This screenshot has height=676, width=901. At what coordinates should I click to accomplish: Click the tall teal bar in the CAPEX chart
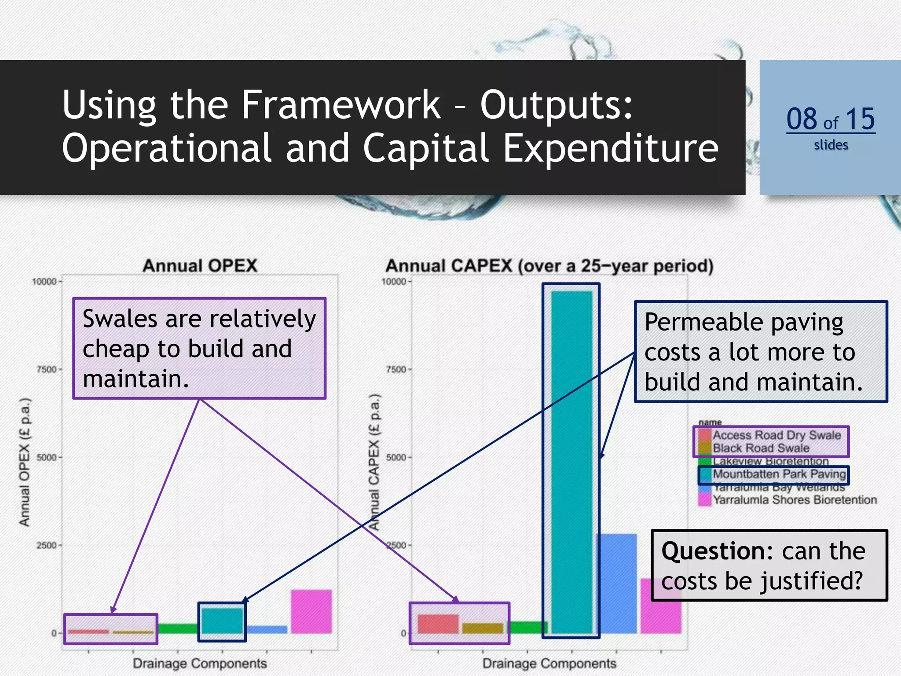click(571, 462)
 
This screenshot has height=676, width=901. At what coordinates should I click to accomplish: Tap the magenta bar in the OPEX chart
click(311, 611)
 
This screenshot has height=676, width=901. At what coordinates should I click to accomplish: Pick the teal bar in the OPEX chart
click(222, 621)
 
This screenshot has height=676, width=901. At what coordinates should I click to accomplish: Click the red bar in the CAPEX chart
click(438, 624)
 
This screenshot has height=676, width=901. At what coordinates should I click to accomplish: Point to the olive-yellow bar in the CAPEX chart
click(482, 628)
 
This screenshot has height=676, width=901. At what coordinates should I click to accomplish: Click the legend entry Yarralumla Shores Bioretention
click(795, 500)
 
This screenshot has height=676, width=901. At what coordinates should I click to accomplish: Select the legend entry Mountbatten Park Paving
click(779, 474)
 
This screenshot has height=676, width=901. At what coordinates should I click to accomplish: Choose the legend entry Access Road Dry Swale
click(776, 435)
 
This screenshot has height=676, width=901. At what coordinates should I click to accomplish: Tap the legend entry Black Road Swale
click(761, 448)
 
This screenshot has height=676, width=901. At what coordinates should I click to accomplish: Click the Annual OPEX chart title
click(200, 266)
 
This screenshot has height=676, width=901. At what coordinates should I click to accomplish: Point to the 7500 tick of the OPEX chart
click(47, 369)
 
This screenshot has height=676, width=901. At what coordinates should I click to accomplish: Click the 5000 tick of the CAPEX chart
click(396, 457)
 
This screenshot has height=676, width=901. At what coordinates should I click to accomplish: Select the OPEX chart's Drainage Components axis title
click(200, 663)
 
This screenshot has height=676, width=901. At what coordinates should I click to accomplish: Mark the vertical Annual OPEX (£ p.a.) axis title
click(25, 462)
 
